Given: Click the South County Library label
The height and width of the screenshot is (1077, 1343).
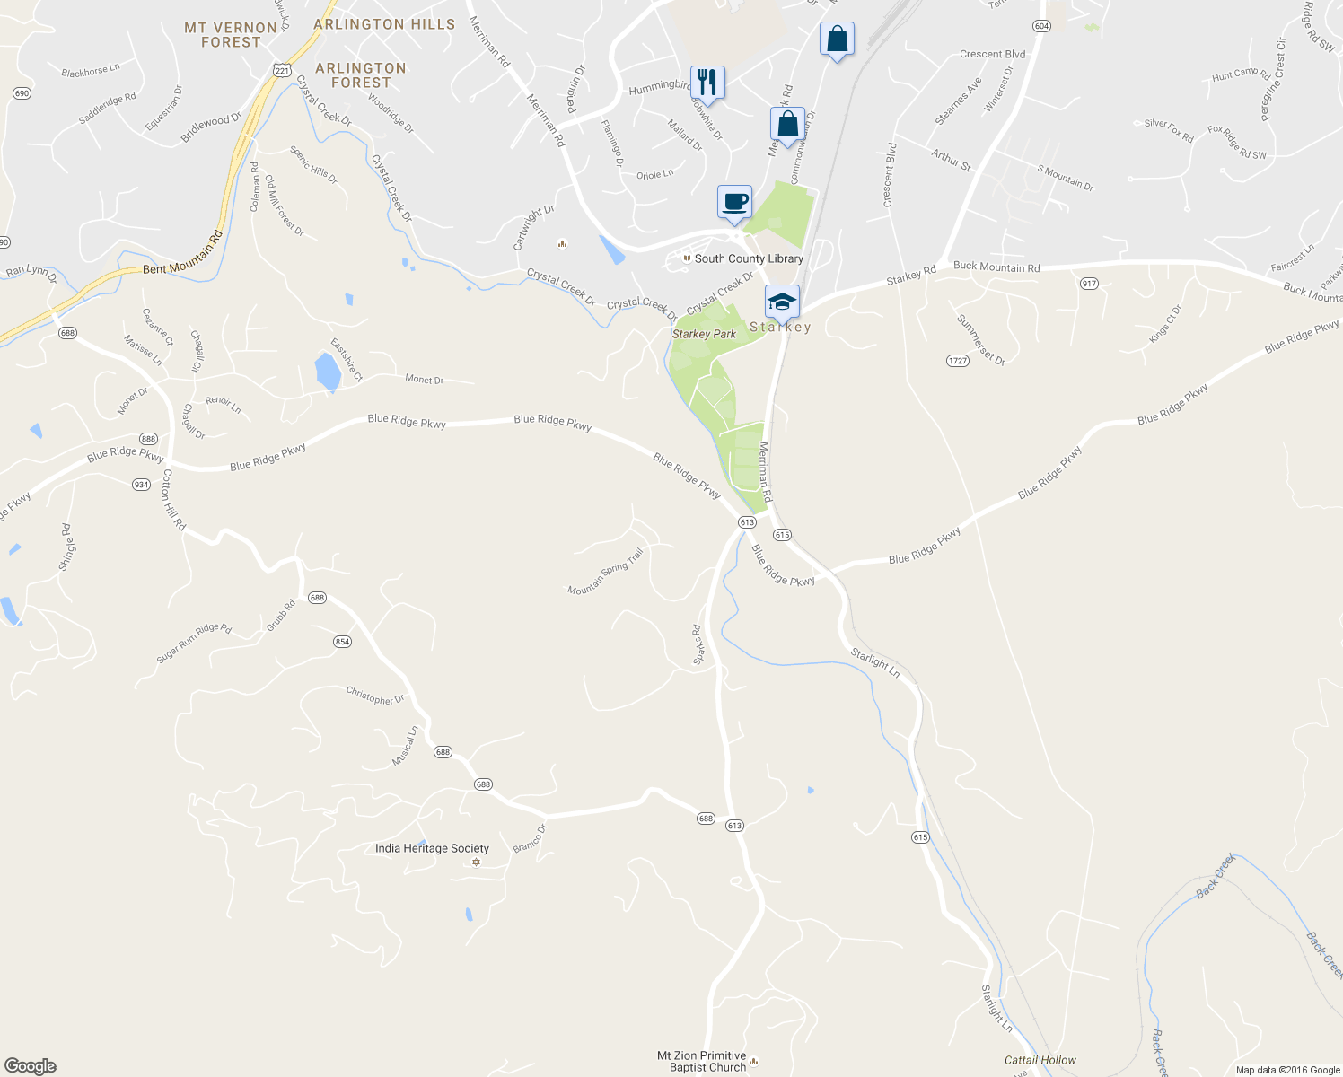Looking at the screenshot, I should point(749,258).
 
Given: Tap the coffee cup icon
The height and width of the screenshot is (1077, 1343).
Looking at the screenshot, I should point(734,201).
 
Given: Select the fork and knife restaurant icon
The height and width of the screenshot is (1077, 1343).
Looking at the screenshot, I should point(707,83).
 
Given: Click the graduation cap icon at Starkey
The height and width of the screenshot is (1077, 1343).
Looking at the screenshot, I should point(782,302).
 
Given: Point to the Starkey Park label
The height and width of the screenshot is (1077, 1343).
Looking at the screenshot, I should point(704,334).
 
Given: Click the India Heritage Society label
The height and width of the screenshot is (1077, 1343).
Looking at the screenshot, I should point(432,848).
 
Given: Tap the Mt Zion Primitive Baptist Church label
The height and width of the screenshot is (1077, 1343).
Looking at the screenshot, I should point(701,1062).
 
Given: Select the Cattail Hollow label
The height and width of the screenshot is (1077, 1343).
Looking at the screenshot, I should point(1040,1060).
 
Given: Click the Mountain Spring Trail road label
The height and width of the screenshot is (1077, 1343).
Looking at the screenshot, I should point(606,572).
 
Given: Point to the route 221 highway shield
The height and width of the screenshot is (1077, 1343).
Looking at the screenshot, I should point(282,70).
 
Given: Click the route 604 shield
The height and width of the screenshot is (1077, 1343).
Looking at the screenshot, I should point(1041,26).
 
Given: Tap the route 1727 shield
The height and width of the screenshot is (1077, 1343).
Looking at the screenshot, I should point(958,361).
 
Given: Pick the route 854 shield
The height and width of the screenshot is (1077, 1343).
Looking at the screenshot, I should point(342,641).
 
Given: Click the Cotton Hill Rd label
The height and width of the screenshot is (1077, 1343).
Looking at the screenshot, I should point(172,499).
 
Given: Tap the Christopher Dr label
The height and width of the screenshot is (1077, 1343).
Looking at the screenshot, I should point(375,696).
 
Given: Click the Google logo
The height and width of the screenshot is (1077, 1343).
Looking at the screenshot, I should point(31,1065).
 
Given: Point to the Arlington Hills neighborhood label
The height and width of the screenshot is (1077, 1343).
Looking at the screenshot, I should point(384,24).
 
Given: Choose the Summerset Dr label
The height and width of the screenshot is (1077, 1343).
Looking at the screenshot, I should point(981,339).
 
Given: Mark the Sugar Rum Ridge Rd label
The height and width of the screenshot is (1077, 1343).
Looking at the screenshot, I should point(194,644).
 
